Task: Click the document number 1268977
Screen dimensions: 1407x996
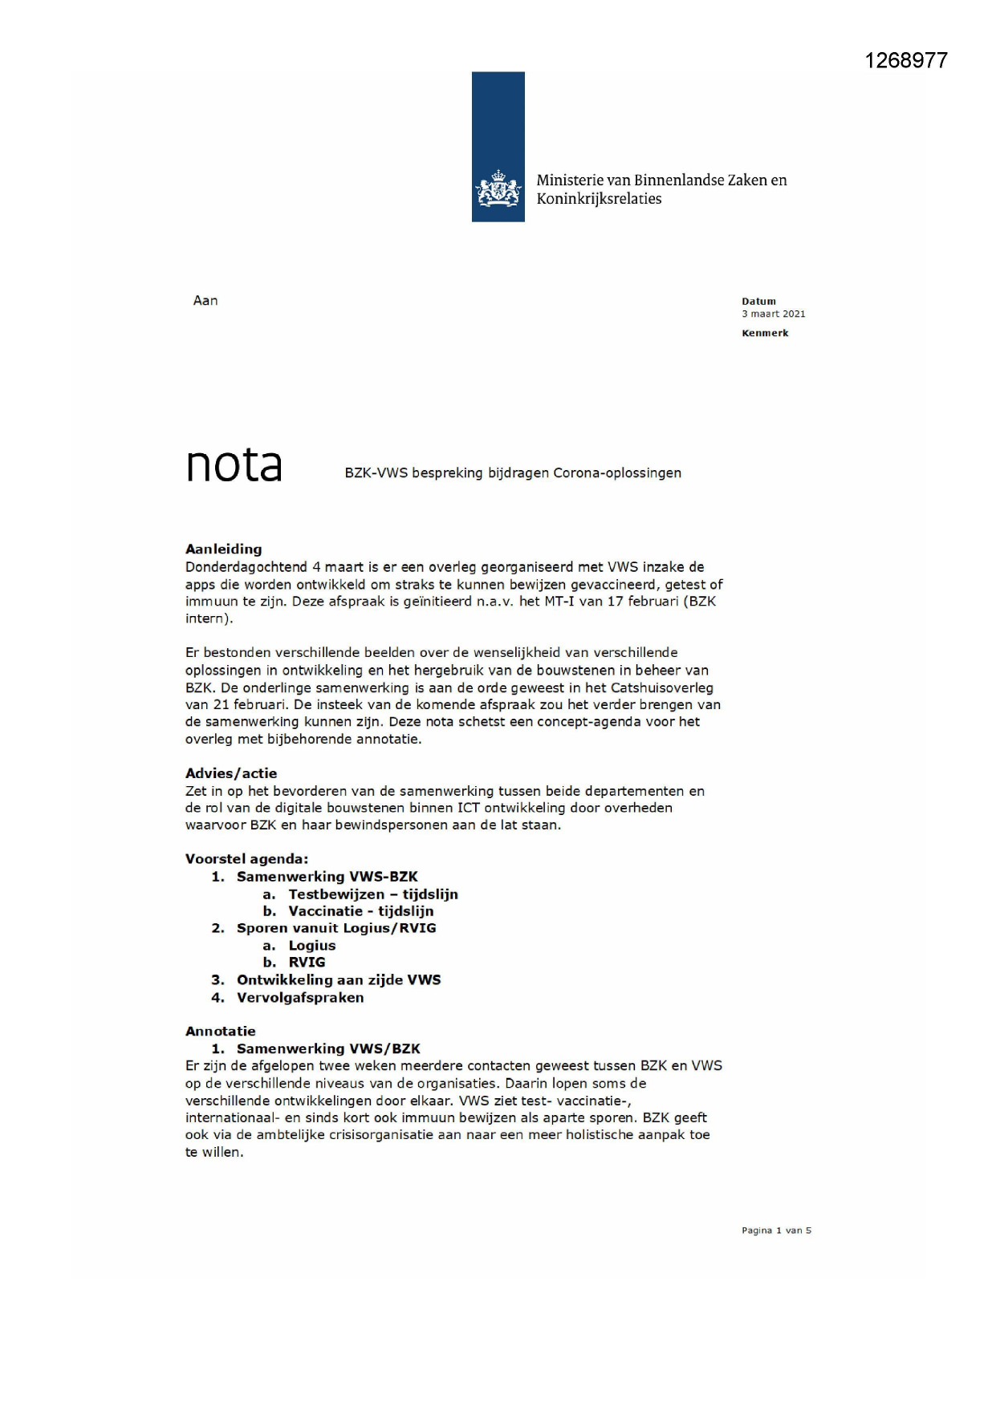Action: [905, 61]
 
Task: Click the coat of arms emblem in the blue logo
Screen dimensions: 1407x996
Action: [498, 190]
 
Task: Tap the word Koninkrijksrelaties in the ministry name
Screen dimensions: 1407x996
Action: [599, 199]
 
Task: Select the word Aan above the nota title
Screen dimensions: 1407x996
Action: [205, 301]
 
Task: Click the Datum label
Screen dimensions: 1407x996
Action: [758, 302]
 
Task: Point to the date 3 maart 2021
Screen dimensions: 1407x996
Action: [773, 314]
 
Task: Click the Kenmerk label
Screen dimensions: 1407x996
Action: [765, 333]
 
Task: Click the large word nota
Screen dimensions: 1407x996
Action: [234, 464]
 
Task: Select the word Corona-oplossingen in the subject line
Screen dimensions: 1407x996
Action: [616, 473]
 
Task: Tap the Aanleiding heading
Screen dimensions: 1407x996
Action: [223, 549]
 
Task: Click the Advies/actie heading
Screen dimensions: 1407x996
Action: [231, 773]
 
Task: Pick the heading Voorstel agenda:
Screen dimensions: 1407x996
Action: [246, 859]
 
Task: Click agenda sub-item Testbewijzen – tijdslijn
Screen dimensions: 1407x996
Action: [373, 894]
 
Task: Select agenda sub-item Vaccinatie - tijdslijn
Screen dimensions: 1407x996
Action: [361, 911]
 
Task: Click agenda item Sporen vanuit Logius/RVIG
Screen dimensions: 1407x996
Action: [336, 928]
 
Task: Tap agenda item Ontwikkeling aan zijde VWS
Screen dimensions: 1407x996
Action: [339, 980]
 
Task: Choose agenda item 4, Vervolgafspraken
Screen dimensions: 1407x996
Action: [300, 998]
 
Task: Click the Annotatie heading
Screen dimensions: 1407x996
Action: [221, 1032]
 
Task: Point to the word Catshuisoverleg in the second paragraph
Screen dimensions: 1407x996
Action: [662, 687]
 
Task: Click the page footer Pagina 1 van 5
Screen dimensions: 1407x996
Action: [776, 1231]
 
